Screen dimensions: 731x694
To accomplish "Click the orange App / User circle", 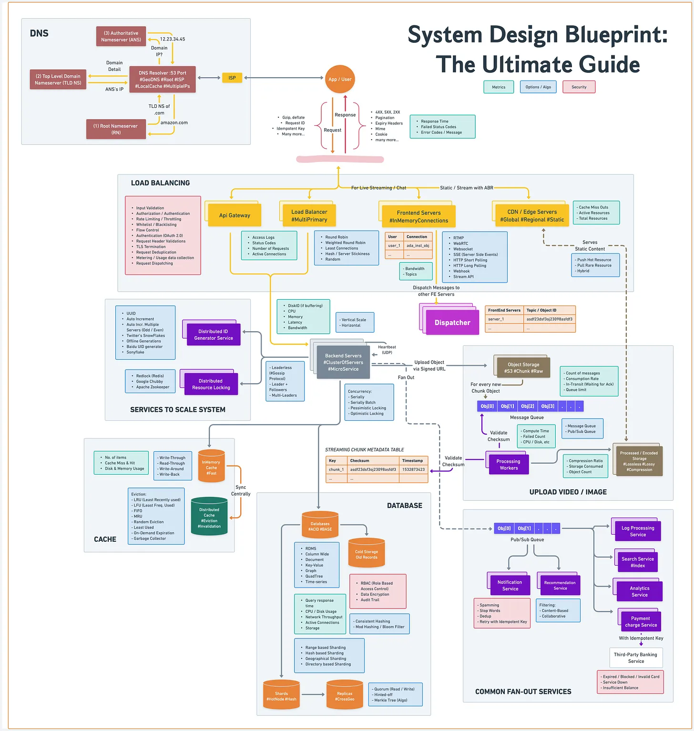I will coord(340,79).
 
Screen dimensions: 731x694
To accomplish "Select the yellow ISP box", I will coord(232,78).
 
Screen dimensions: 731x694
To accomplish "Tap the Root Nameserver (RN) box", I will coord(116,129).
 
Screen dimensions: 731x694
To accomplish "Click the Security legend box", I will coord(579,87).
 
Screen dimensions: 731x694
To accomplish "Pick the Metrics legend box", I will coord(499,87).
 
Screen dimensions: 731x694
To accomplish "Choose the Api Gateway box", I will coord(235,215).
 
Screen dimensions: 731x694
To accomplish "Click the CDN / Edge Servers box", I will coord(531,215).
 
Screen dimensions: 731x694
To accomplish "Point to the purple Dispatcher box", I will coord(452,323).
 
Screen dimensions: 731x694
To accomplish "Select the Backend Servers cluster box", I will coord(343,362).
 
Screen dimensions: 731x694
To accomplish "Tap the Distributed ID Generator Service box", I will coord(213,335).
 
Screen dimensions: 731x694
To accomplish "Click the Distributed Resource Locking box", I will coord(211,384).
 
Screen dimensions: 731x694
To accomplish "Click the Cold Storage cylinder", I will coord(366,554).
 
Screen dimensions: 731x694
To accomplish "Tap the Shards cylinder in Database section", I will coord(281,696).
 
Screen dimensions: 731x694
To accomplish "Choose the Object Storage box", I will coord(523,367).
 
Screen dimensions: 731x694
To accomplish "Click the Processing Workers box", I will coord(508,464).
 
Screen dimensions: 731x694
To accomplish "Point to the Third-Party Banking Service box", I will coord(635,658).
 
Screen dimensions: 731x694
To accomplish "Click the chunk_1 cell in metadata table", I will coord(336,469).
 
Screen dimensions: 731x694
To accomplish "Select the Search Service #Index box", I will coord(637,562).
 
